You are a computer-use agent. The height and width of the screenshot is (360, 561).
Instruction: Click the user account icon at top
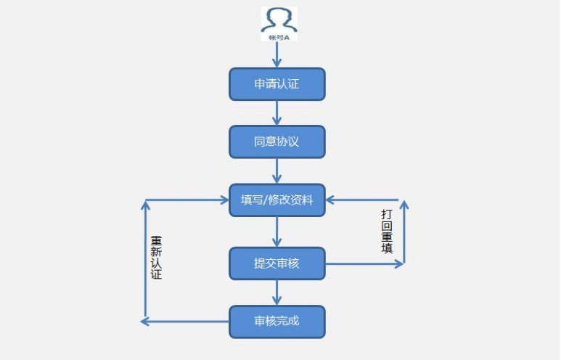click(279, 20)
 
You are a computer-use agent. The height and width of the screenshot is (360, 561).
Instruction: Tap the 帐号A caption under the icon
click(279, 36)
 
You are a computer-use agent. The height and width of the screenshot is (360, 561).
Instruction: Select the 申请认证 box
click(277, 84)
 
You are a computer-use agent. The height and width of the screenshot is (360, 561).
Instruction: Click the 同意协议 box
click(277, 142)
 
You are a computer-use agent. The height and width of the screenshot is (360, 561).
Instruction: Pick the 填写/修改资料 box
click(277, 200)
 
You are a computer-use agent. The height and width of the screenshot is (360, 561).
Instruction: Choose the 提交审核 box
click(277, 263)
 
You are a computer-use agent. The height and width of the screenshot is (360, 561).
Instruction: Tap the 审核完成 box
click(277, 322)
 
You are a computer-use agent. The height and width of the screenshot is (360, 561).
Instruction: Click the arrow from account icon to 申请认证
click(277, 55)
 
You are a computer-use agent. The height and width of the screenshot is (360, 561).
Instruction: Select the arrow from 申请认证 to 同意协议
click(277, 112)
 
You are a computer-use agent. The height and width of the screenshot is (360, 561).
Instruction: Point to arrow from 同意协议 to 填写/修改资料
click(277, 171)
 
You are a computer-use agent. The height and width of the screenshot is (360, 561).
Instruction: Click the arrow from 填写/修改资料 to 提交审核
click(277, 232)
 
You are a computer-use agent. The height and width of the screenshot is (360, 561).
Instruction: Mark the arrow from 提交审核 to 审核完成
click(277, 292)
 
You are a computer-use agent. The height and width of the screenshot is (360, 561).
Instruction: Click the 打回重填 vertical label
click(387, 232)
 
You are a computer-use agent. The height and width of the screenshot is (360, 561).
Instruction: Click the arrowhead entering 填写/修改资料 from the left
click(224, 200)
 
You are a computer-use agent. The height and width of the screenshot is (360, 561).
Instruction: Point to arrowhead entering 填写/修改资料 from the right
click(331, 200)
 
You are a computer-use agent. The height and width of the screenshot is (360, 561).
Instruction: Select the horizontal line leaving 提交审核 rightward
click(363, 264)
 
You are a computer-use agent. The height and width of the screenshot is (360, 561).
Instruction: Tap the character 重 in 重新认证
click(156, 240)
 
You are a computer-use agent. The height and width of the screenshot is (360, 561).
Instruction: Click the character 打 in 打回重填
click(387, 215)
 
